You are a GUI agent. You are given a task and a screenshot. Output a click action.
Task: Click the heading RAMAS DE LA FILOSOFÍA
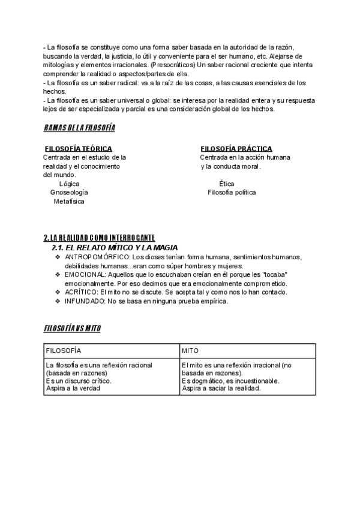[79, 128]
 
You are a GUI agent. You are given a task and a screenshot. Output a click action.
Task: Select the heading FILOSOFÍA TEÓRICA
[79, 149]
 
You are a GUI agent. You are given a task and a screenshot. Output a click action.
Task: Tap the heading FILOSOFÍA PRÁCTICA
[236, 149]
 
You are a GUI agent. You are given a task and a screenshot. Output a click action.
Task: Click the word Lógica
[70, 184]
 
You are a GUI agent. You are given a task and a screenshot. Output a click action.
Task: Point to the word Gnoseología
[69, 193]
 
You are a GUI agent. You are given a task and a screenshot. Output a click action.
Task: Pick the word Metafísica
[69, 202]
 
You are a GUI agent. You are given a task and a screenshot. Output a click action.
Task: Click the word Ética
[227, 184]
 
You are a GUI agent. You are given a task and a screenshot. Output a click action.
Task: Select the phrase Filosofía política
[232, 193]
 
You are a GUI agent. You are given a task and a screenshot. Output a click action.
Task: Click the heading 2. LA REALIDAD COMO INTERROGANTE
[99, 238]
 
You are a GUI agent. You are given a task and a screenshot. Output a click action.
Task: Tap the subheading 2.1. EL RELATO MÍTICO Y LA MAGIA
[115, 248]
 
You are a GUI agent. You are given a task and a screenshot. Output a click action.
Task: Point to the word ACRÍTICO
[80, 292]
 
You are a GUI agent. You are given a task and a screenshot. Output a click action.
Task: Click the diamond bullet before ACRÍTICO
[58, 292]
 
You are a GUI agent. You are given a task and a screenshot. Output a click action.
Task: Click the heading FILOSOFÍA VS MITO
[72, 329]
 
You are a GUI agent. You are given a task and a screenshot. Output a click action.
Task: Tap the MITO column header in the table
[190, 350]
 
